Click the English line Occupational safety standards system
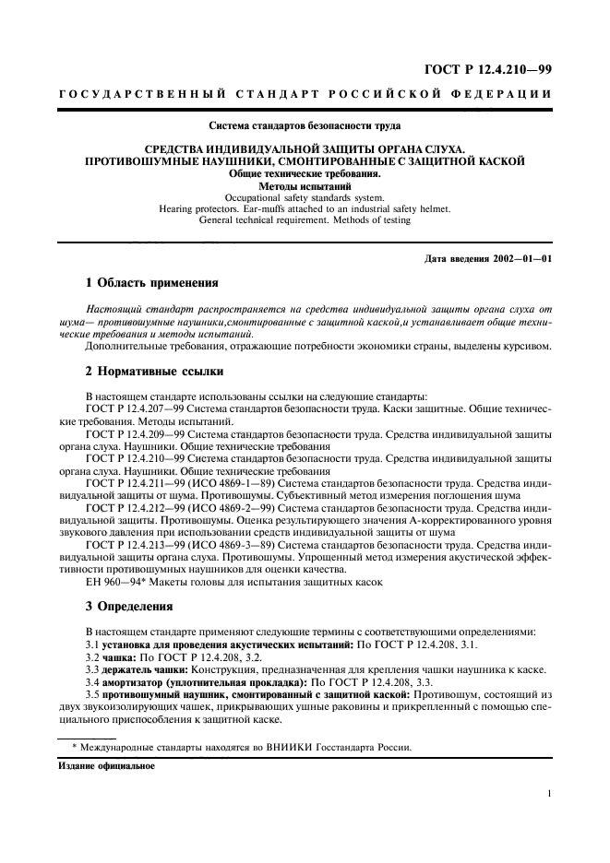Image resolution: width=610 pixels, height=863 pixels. tap(305, 196)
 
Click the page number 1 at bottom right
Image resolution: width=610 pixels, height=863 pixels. tap(548, 792)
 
